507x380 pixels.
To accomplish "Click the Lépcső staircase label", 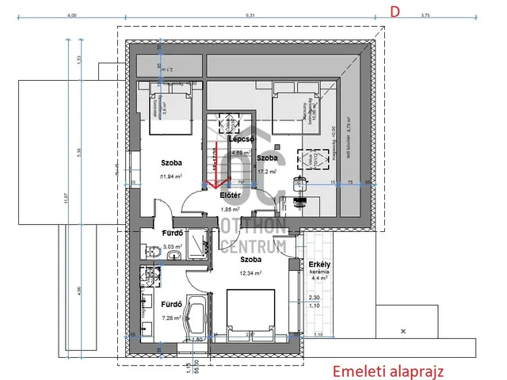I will (x=241, y=139).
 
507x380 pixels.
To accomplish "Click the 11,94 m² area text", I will (x=172, y=177).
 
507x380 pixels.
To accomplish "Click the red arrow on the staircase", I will (x=213, y=186).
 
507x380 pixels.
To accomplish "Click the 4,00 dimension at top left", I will (x=72, y=15).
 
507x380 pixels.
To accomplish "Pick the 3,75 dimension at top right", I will (x=425, y=15).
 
